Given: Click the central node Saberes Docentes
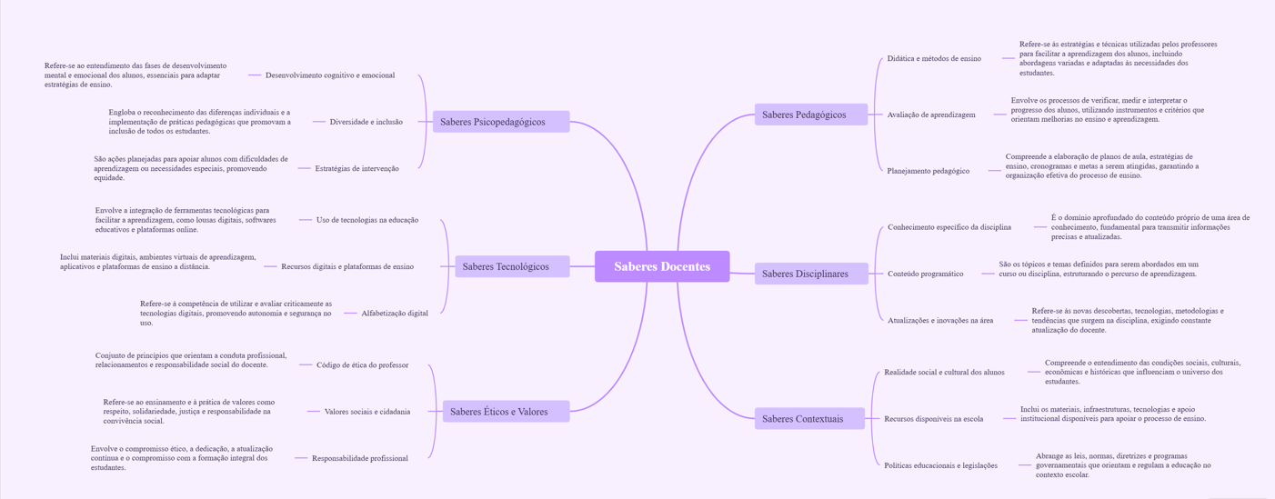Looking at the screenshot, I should [x=662, y=266].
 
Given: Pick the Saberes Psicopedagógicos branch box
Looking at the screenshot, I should [x=501, y=122].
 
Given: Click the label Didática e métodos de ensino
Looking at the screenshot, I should [x=934, y=58].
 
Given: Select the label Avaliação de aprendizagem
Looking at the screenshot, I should [x=931, y=115].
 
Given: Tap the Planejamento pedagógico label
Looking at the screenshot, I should [x=929, y=171].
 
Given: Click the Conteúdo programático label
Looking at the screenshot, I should [x=926, y=274].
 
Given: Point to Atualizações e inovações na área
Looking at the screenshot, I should [x=940, y=320].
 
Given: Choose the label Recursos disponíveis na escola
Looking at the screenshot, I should [x=934, y=419].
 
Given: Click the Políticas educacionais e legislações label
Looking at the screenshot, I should [x=941, y=465].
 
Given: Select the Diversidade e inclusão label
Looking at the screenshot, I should [x=366, y=122].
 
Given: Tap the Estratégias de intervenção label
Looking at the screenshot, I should [x=356, y=168].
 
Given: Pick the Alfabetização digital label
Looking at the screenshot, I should [x=395, y=314].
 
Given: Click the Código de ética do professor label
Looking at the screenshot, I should [x=362, y=365].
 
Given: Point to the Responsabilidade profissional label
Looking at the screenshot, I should [x=360, y=458].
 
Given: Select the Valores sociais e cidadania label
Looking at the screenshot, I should [x=367, y=412].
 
